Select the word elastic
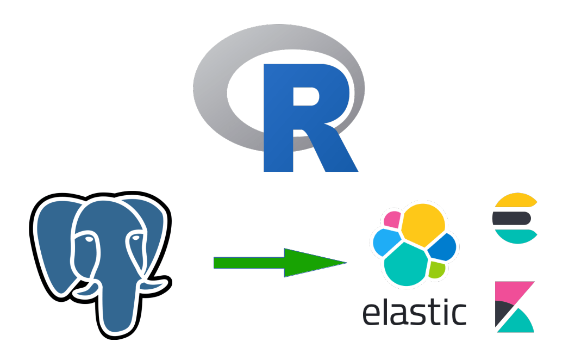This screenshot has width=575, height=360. pos(414,312)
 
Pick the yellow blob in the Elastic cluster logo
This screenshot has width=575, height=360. pos(423,224)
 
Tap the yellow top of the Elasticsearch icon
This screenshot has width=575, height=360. pos(514,201)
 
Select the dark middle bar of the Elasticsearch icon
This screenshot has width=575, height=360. pos(511,218)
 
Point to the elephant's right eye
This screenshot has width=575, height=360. pos(135,237)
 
